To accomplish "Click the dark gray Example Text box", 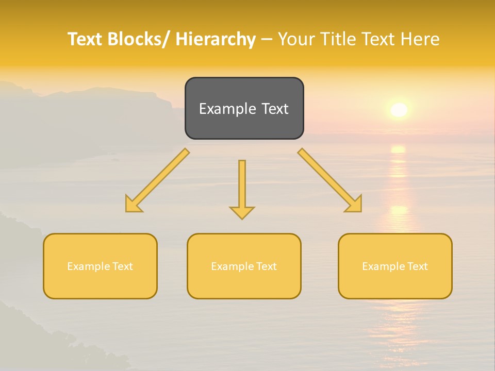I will tap(244, 108).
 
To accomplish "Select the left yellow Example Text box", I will tap(100, 266).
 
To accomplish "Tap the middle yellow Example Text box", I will tap(244, 266).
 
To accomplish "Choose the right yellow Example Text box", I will tap(395, 266).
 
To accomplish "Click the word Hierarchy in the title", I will tap(216, 39).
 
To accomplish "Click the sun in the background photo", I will tap(399, 109).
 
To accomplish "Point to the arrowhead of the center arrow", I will tap(242, 212).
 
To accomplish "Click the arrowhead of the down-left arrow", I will tap(133, 204).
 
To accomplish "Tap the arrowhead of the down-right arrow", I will tap(354, 204).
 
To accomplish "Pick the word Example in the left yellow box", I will tap(88, 266).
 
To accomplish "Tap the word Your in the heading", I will tap(297, 39).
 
